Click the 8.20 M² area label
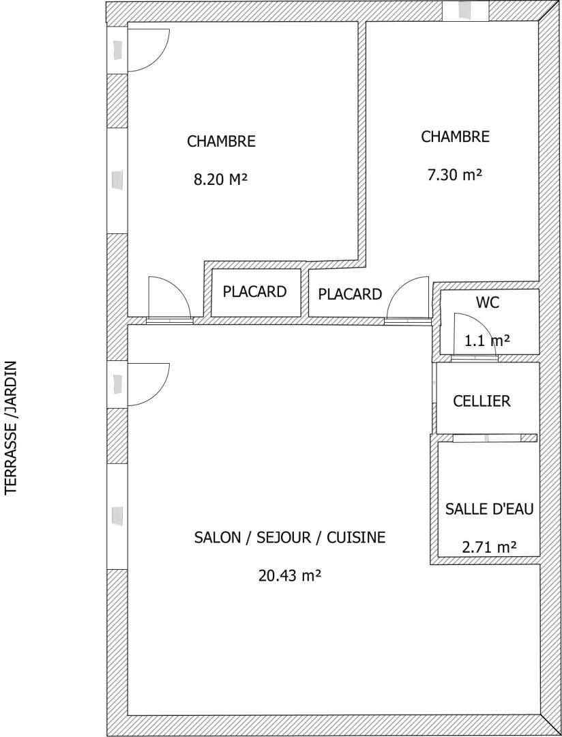[220, 179]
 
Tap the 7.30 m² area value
[454, 175]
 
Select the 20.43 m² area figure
[289, 575]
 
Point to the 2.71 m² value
[489, 547]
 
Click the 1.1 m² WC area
[487, 340]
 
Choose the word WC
[487, 303]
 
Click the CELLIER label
[482, 401]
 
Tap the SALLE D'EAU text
[489, 508]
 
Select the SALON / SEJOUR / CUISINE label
[290, 537]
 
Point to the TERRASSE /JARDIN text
[11, 427]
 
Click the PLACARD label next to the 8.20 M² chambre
[254, 291]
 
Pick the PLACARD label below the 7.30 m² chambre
[350, 294]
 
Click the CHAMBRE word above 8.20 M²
[222, 141]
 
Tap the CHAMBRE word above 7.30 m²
[456, 136]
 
